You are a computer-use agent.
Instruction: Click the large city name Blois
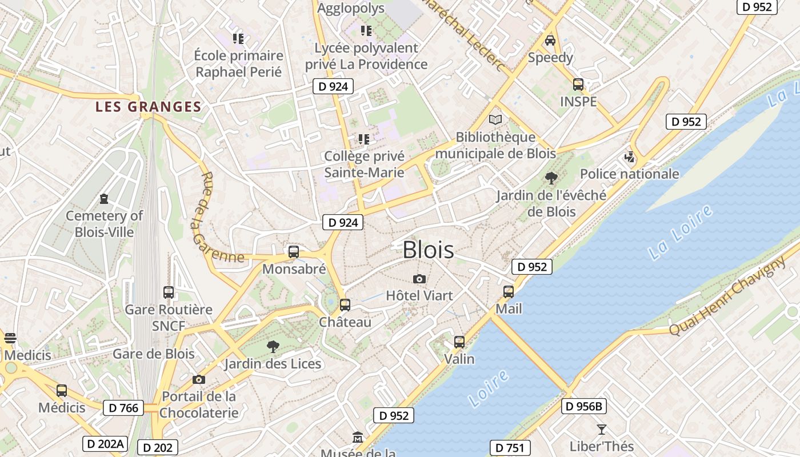(x=429, y=250)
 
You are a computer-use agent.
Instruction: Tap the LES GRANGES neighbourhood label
(x=149, y=107)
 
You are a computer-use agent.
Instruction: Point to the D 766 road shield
(x=123, y=408)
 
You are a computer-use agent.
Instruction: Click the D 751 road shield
(x=510, y=448)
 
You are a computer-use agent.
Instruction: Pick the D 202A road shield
(x=104, y=444)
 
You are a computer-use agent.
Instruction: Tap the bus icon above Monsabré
(x=294, y=251)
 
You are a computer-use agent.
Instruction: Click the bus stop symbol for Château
(x=345, y=304)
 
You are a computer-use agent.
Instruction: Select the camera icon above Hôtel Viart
(x=419, y=279)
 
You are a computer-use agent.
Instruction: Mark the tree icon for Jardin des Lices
(x=273, y=346)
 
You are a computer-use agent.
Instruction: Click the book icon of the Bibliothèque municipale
(x=495, y=119)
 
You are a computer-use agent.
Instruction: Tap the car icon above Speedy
(x=550, y=40)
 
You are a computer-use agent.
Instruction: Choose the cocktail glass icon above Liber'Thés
(x=601, y=429)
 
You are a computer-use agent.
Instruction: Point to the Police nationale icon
(x=630, y=157)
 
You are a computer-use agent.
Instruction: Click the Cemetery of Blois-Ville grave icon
(x=104, y=199)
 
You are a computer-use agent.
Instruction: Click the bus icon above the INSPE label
(x=578, y=85)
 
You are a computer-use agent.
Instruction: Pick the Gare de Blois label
(x=154, y=354)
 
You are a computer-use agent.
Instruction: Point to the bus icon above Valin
(x=459, y=342)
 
